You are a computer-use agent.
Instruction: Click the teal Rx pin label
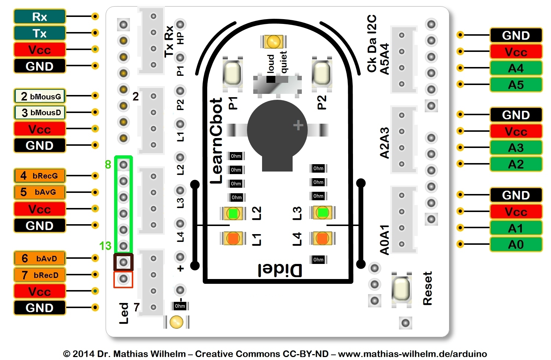(x=39, y=17)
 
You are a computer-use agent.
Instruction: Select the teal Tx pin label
(x=39, y=33)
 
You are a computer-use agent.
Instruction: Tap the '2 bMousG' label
(x=40, y=96)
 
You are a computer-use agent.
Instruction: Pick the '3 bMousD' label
(x=40, y=112)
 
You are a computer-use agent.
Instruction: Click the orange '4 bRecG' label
(x=40, y=176)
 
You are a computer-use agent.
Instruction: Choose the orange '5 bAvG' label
(x=40, y=192)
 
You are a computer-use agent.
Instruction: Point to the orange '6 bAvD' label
(x=40, y=258)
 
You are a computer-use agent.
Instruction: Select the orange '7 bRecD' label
(x=40, y=275)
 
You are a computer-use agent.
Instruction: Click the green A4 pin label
(x=516, y=68)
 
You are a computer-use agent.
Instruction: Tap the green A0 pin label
(x=516, y=244)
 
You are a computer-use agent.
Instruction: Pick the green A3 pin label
(x=516, y=148)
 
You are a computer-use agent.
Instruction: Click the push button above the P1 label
(x=232, y=73)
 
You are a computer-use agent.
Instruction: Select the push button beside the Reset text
(x=401, y=289)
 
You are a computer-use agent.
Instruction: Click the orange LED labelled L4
(x=322, y=239)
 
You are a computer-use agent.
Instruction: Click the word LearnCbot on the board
(x=216, y=141)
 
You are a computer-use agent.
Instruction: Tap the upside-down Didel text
(x=280, y=271)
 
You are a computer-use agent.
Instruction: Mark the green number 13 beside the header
(x=105, y=246)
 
